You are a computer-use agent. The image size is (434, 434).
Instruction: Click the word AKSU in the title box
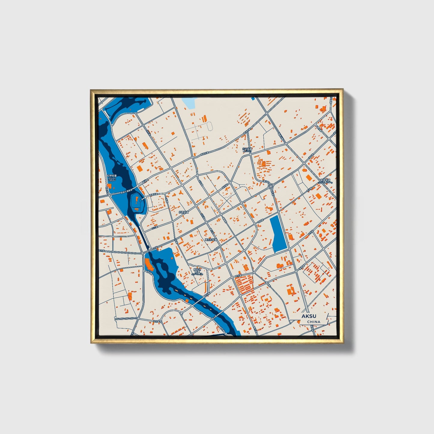point(308,317)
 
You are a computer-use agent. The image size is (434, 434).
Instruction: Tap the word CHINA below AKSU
point(314,322)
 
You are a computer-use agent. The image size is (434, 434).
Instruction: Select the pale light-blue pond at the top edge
point(189,103)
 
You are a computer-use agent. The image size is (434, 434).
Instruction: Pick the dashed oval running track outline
point(210,126)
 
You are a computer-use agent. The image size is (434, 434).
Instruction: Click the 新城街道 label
point(325,181)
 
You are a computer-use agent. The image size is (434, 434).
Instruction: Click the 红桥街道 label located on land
point(184,212)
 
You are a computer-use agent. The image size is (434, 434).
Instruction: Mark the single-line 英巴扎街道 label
point(211,240)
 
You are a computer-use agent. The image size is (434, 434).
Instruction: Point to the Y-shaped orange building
point(181,192)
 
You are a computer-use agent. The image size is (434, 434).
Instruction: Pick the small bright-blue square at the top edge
point(253,98)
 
